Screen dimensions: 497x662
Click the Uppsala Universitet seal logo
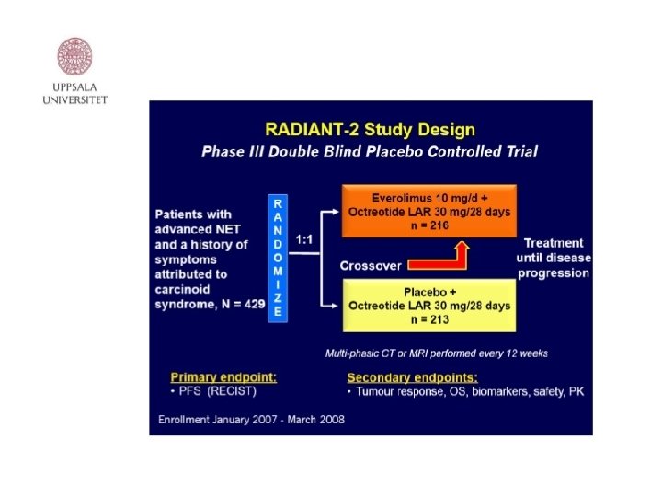(75, 56)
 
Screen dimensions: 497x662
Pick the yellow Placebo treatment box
(429, 306)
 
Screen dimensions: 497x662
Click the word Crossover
(371, 265)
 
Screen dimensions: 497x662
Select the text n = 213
(429, 319)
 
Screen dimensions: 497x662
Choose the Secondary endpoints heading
(412, 376)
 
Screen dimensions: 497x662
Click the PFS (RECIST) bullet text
(213, 392)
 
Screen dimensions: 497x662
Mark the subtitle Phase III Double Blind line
(370, 152)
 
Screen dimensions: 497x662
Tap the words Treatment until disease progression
(554, 258)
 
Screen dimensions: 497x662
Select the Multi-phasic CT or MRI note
(436, 353)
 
